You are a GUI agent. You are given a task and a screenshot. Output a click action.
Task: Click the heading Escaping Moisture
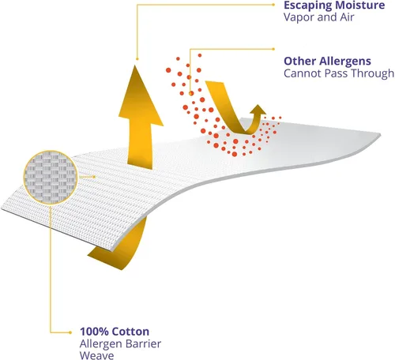pyautogui.click(x=334, y=6)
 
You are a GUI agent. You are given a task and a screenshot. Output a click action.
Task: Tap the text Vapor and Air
pyautogui.click(x=318, y=17)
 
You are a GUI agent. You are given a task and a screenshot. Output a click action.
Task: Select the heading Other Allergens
pyautogui.click(x=327, y=62)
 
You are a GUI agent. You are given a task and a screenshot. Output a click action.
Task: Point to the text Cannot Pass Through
pyautogui.click(x=339, y=73)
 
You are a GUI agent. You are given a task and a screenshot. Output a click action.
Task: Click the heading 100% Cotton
pyautogui.click(x=115, y=332)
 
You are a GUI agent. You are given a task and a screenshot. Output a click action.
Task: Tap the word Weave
pyautogui.click(x=97, y=355)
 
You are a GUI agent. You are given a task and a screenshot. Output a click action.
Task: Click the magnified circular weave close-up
pyautogui.click(x=51, y=178)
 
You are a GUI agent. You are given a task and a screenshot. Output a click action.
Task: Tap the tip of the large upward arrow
pyautogui.click(x=135, y=66)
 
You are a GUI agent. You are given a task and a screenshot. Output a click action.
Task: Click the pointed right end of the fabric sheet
pyautogui.click(x=380, y=135)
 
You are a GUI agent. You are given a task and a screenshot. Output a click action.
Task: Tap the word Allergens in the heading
pyautogui.click(x=345, y=62)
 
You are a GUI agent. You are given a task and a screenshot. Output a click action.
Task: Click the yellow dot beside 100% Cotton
pyautogui.click(x=70, y=332)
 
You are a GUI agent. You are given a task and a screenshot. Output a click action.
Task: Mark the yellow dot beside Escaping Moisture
pyautogui.click(x=273, y=5)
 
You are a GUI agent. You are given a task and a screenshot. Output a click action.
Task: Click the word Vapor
pyautogui.click(x=299, y=18)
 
